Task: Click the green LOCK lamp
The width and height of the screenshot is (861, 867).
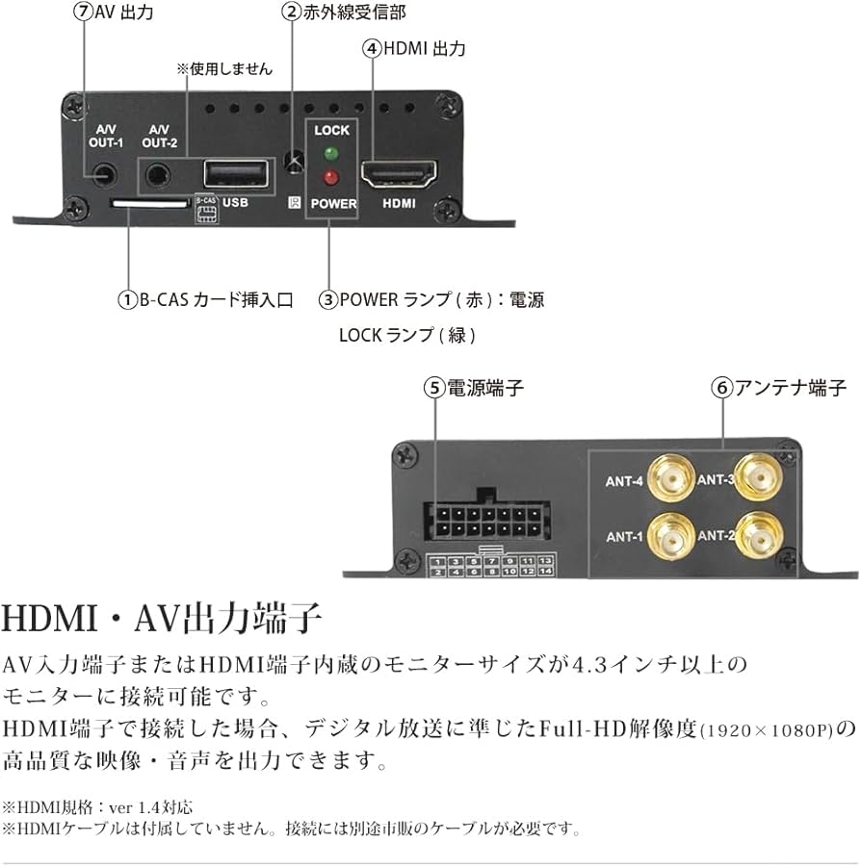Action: click(332, 153)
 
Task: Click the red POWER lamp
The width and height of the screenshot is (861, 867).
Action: click(332, 177)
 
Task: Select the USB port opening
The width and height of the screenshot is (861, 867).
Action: click(235, 174)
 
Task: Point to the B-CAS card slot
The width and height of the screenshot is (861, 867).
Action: click(149, 203)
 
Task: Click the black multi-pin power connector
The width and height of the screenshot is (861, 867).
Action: click(479, 522)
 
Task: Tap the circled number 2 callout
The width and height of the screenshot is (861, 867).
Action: click(291, 13)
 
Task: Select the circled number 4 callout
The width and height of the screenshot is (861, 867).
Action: click(372, 48)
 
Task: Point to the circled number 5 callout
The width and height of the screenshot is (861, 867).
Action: click(434, 388)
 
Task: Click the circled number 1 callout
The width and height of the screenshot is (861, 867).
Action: click(127, 299)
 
